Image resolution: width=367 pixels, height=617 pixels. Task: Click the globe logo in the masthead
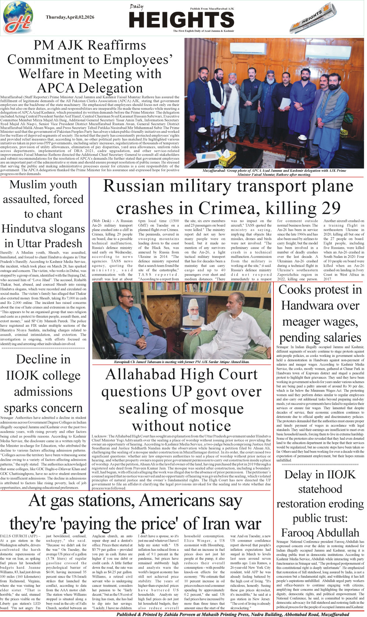18,18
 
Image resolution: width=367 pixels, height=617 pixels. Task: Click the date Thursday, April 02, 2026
70,17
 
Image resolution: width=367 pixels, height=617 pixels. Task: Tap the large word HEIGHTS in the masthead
181,20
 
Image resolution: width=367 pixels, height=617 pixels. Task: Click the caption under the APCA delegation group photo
274,173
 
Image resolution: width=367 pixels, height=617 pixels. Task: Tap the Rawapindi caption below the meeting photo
181,362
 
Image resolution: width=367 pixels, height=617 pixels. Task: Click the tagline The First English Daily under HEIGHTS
203,31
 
